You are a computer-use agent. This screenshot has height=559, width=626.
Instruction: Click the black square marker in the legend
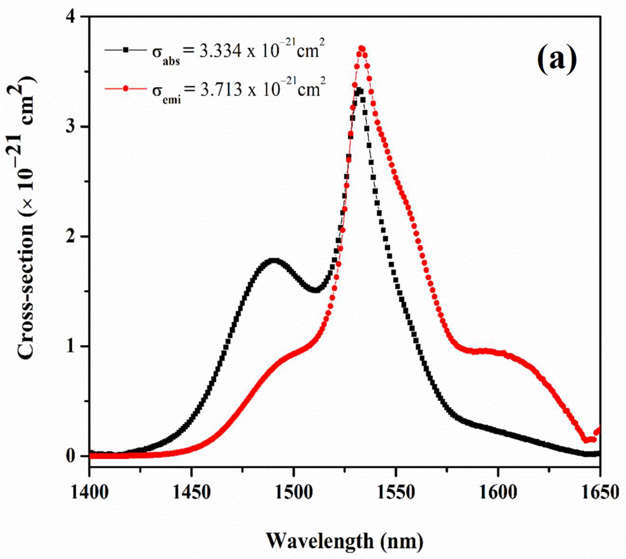[x=125, y=49]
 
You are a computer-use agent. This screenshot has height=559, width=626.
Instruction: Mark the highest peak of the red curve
[x=362, y=48]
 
